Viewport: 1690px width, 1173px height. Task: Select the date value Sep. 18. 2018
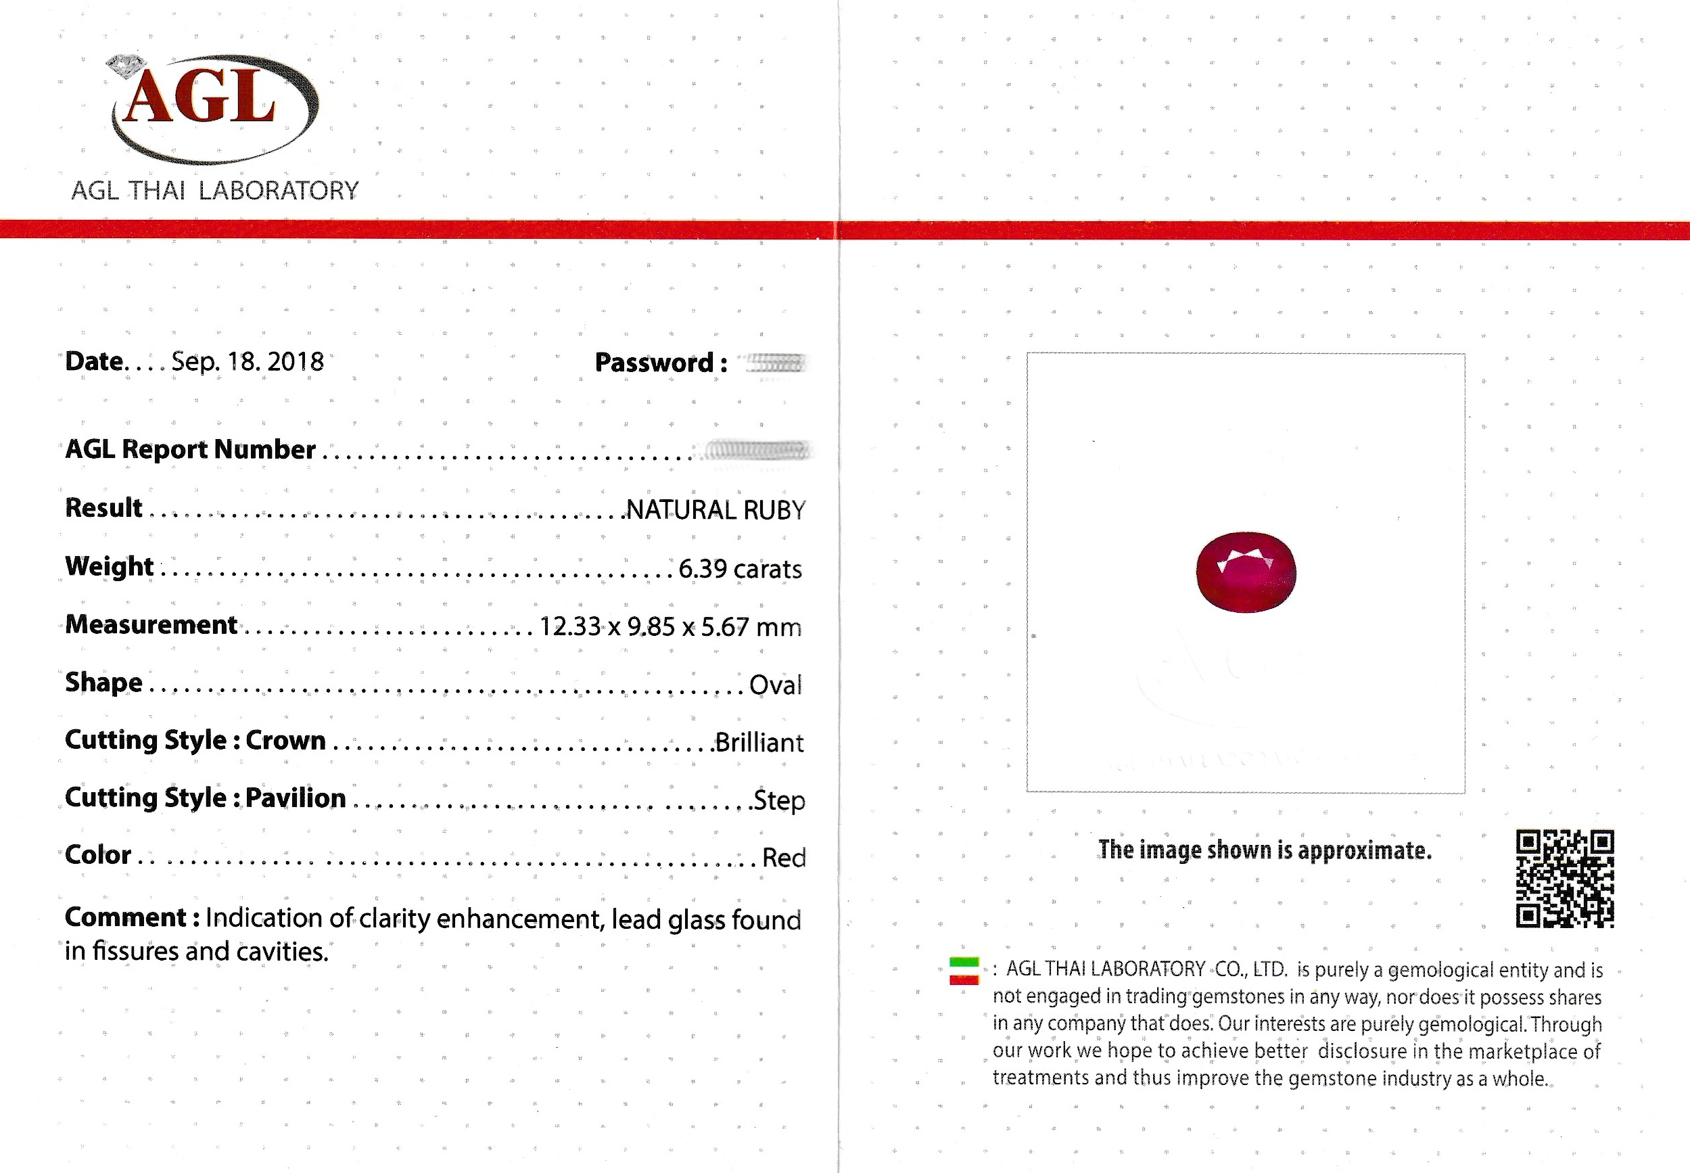click(x=248, y=362)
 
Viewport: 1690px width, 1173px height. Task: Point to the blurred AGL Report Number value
click(x=756, y=449)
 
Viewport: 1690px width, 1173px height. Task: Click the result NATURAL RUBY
click(x=715, y=510)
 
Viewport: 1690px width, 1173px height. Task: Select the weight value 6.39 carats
click(x=739, y=569)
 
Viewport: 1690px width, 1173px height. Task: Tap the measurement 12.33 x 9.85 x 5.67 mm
click(x=670, y=627)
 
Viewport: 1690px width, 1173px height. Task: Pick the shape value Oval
click(x=775, y=685)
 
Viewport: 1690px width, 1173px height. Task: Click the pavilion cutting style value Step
click(x=779, y=800)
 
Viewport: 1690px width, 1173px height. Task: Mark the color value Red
click(x=783, y=858)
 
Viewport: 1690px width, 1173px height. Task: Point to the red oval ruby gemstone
click(x=1246, y=572)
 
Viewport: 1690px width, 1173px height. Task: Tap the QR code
click(x=1565, y=878)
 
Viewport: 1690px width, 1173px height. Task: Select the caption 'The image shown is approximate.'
click(x=1265, y=850)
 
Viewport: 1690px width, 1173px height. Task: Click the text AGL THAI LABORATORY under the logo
click(x=214, y=191)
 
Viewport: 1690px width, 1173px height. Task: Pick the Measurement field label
click(x=151, y=624)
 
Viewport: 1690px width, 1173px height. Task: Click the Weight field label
click(x=109, y=567)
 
